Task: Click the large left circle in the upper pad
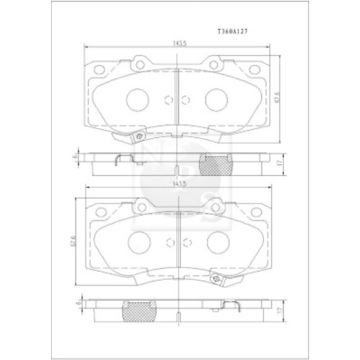coord(136,100)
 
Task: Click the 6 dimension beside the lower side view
coord(79,304)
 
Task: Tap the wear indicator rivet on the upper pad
coord(141,137)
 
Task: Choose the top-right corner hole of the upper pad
coord(254,70)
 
